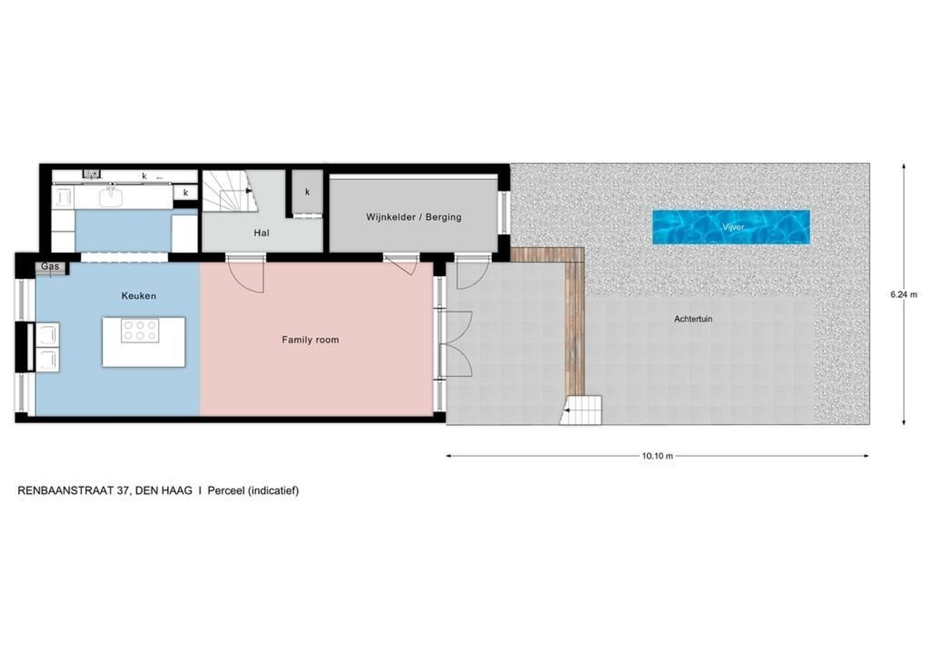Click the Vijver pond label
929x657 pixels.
(x=733, y=227)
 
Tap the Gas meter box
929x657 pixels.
(x=50, y=267)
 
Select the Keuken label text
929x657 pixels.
(x=139, y=296)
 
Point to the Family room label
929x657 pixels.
(x=310, y=340)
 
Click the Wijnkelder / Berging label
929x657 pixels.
(x=413, y=217)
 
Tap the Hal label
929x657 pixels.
(x=261, y=233)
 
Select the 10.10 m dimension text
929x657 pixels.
(x=657, y=456)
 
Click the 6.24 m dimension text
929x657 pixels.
(x=903, y=294)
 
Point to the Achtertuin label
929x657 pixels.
(x=693, y=319)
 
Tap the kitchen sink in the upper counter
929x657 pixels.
(x=111, y=196)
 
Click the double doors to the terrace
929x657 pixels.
(x=455, y=344)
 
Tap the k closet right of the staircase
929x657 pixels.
(x=307, y=192)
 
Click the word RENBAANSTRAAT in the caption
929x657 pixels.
(x=66, y=490)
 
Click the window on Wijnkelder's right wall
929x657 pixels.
(x=503, y=213)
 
